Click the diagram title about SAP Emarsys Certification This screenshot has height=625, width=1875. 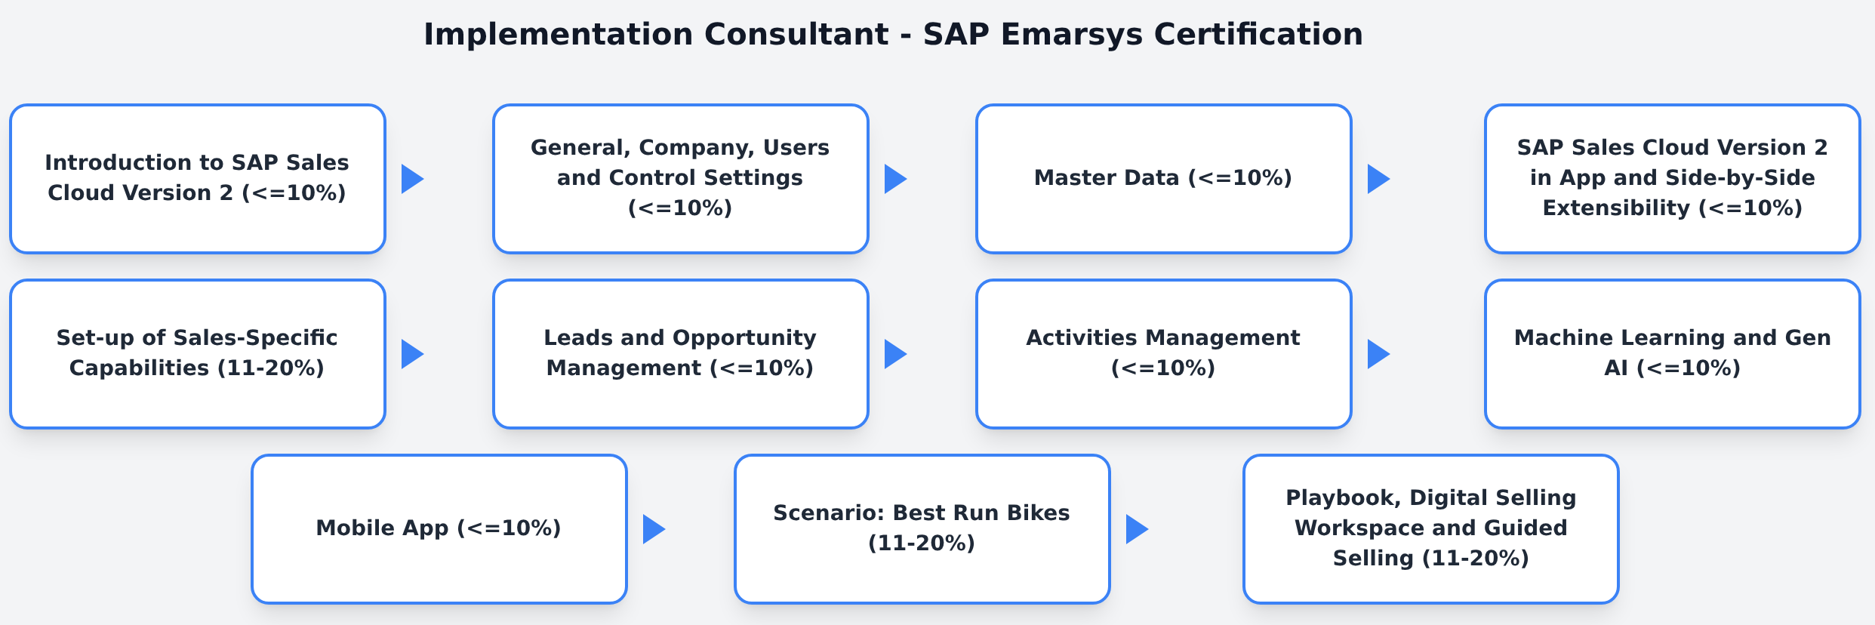click(x=893, y=35)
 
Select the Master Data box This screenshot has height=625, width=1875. click(x=1163, y=179)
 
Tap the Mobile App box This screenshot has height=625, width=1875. click(x=439, y=529)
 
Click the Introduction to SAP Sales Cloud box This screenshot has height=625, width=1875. click(x=197, y=179)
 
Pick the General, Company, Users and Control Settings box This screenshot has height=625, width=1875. click(x=680, y=179)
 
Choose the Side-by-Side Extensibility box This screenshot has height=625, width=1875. click(x=1672, y=179)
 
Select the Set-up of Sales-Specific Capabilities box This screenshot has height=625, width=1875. click(x=197, y=354)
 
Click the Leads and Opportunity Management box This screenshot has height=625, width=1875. click(x=680, y=354)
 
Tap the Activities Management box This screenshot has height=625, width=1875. click(x=1163, y=354)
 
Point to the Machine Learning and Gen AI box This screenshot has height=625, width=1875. click(x=1672, y=354)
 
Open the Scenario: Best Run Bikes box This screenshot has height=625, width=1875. click(x=922, y=529)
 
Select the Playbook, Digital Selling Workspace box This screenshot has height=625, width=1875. click(x=1430, y=529)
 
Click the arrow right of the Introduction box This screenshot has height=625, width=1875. click(x=412, y=179)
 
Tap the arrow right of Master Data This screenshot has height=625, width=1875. click(x=1378, y=179)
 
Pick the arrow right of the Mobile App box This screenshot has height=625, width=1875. click(x=654, y=529)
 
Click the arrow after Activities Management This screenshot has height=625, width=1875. click(x=1378, y=354)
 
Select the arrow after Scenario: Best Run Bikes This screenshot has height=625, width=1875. click(x=1137, y=529)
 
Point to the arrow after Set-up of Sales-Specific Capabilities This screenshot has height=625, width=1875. click(x=412, y=354)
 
